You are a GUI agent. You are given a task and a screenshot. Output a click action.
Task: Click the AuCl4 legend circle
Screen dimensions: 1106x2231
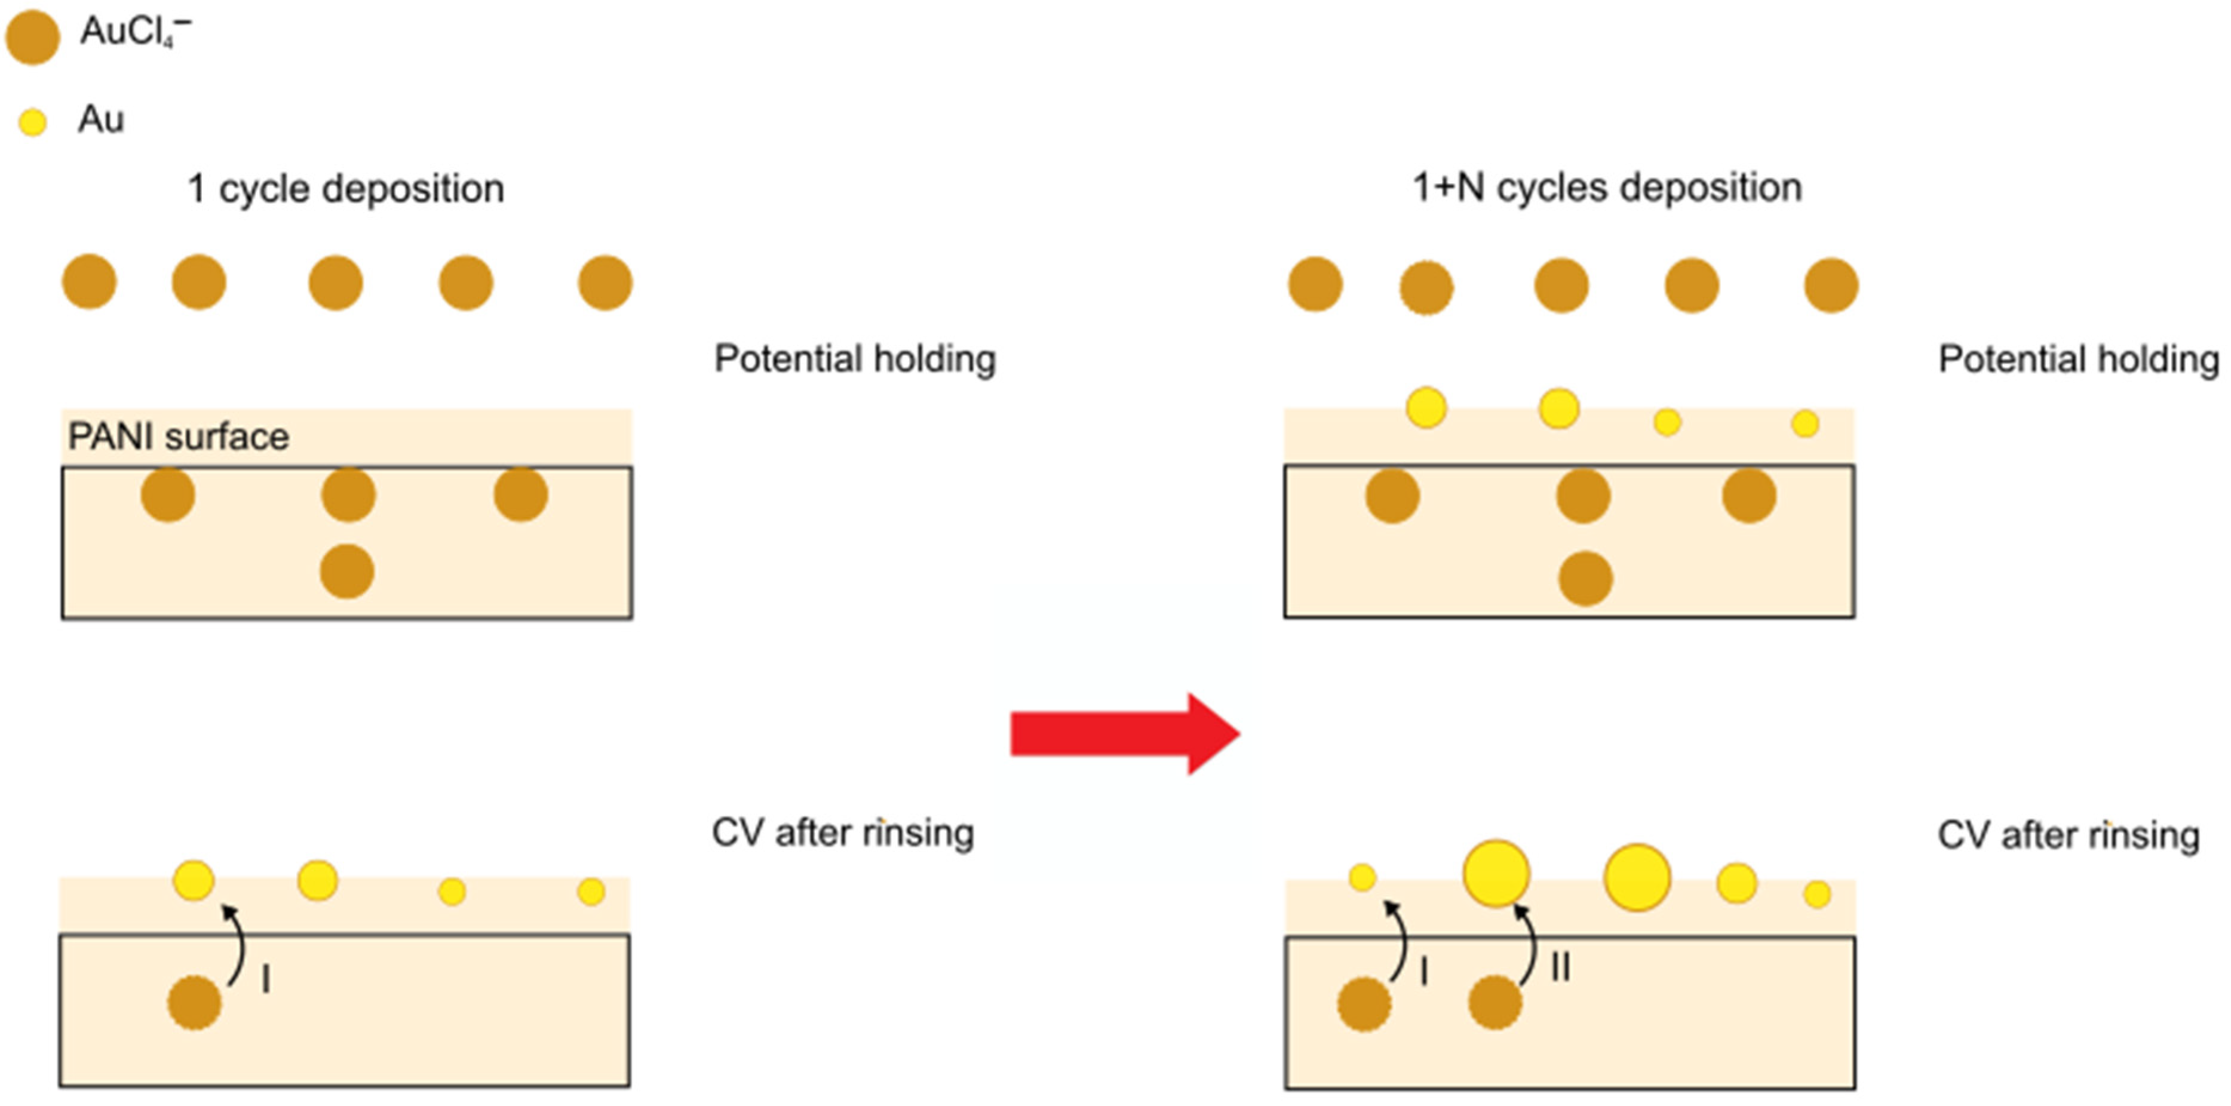click(33, 37)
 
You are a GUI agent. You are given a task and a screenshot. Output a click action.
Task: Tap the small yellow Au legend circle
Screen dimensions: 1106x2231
click(33, 122)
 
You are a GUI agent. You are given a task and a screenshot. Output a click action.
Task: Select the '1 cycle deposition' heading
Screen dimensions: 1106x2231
click(346, 188)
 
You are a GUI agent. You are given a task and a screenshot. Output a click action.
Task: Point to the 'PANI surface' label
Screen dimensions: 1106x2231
click(179, 437)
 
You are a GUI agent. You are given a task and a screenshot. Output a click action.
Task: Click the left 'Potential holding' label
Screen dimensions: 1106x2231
click(855, 358)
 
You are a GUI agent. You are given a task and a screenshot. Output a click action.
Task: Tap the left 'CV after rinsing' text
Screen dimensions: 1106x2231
click(843, 833)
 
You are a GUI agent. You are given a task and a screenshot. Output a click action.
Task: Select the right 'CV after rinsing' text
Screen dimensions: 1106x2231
click(2068, 836)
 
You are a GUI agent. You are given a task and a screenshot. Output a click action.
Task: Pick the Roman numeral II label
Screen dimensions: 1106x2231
click(1561, 967)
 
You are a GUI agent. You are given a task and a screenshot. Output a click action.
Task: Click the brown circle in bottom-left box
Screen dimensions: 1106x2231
click(194, 1003)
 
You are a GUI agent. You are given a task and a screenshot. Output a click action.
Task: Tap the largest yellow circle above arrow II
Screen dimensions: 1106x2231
click(1496, 873)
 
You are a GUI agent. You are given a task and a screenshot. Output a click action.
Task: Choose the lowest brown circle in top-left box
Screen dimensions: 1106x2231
click(347, 572)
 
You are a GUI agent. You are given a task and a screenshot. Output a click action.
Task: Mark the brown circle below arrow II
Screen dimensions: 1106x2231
click(1495, 1003)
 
